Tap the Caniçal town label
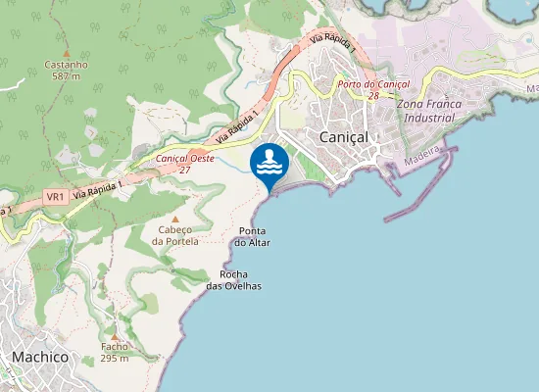pos(343,137)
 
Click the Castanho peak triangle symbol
pos(67,53)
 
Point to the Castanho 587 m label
pos(67,70)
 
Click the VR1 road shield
pos(55,196)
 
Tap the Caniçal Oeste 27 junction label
pos(185,163)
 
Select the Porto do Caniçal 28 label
pos(371,89)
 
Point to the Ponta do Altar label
pos(254,236)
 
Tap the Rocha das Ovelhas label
pos(234,280)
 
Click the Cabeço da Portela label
pos(176,235)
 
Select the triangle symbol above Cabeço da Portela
pos(175,219)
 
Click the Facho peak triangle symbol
pos(114,334)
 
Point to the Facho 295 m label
pos(114,352)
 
